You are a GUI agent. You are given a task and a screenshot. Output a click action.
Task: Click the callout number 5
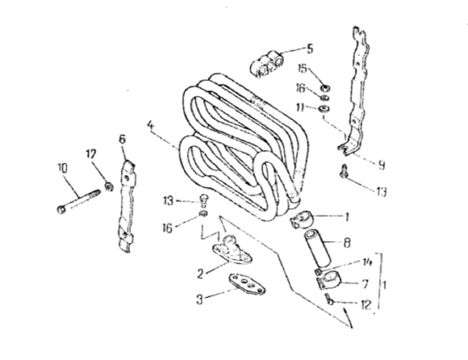[x=310, y=49]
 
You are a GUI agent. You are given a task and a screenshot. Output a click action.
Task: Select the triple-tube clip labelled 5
[x=266, y=64]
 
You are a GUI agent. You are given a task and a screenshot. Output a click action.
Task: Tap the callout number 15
[x=303, y=69]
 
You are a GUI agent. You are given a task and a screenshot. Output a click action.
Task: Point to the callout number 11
[x=300, y=107]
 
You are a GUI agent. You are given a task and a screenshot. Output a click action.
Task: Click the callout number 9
[x=381, y=165]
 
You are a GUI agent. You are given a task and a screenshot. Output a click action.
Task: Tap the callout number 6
[x=123, y=139]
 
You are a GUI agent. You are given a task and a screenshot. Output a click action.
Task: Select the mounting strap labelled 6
[x=127, y=206]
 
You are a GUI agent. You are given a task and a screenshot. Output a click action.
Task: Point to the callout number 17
[x=91, y=154]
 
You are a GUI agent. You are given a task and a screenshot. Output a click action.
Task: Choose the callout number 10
[x=63, y=169]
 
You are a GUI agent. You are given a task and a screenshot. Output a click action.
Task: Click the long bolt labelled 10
[x=78, y=201]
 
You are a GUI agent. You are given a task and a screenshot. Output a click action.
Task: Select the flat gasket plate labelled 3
[x=247, y=284]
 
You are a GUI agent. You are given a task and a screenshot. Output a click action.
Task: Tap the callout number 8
[x=346, y=243]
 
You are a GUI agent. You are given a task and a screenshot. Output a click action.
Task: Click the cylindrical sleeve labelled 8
[x=317, y=248]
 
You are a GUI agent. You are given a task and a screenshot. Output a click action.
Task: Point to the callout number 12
[x=366, y=305]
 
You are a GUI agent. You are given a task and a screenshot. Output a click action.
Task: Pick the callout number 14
[x=367, y=262]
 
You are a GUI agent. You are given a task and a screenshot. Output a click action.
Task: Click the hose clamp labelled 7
[x=328, y=282]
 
